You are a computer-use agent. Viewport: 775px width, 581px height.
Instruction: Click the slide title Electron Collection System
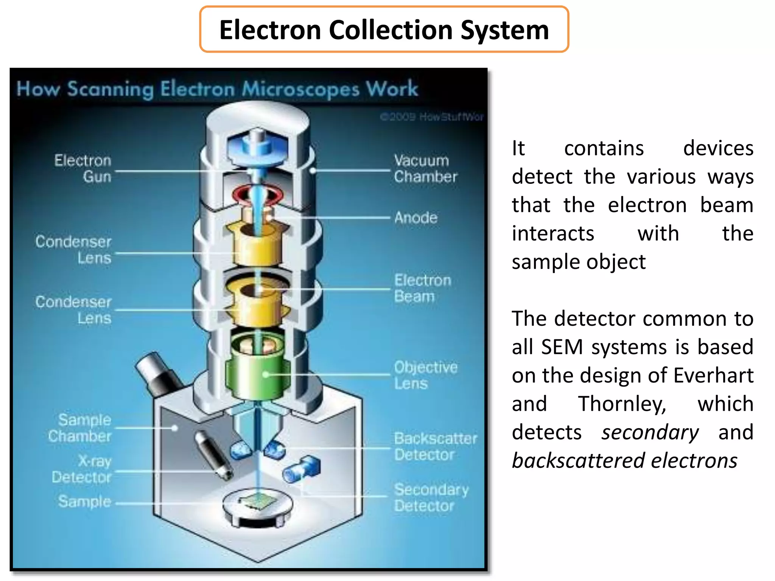pyautogui.click(x=384, y=30)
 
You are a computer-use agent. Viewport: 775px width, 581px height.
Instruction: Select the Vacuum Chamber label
pyautogui.click(x=425, y=169)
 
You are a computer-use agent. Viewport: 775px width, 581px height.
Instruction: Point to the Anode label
pyautogui.click(x=416, y=218)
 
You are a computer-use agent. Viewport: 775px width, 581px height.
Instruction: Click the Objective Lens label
pyautogui.click(x=425, y=375)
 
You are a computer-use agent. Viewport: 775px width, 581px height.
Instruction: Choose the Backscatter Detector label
pyautogui.click(x=435, y=446)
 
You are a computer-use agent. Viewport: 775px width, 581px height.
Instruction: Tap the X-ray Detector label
pyautogui.click(x=82, y=469)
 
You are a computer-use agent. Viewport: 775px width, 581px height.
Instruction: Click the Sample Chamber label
pyautogui.click(x=80, y=428)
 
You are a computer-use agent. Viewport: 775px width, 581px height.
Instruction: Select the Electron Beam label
pyautogui.click(x=422, y=288)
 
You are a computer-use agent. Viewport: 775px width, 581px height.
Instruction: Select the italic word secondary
pyautogui.click(x=650, y=432)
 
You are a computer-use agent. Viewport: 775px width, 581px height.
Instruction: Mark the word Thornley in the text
pyautogui.click(x=622, y=404)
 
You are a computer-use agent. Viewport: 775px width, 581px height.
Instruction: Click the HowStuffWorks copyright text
pyautogui.click(x=431, y=117)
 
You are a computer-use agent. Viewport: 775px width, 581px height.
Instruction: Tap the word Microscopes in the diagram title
pyautogui.click(x=300, y=90)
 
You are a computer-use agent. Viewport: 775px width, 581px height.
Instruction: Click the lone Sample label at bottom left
pyautogui.click(x=85, y=502)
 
